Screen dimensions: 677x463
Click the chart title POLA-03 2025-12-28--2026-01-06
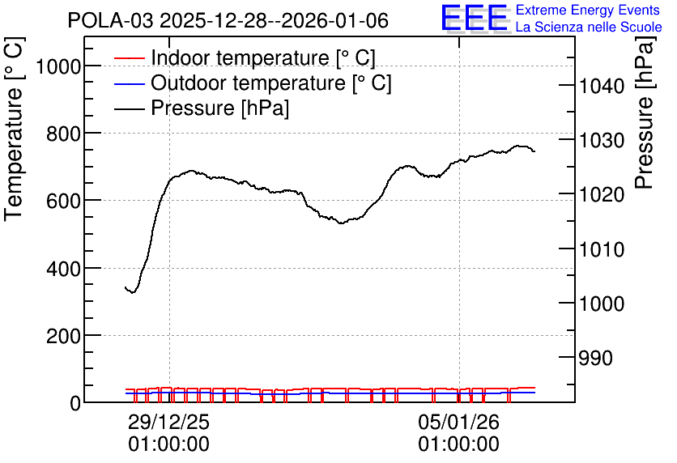coord(228,20)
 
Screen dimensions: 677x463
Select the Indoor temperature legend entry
coord(245,57)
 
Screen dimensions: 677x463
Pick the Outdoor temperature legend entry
coord(253,83)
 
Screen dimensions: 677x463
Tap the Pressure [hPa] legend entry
coord(202,108)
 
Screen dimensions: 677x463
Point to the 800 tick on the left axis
coord(64,134)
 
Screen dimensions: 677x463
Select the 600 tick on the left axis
coord(64,202)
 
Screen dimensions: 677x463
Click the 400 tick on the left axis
coord(64,270)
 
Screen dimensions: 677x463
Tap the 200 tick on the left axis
coord(64,337)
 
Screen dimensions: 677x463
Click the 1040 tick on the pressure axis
coord(602,87)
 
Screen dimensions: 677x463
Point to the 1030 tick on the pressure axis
coord(602,141)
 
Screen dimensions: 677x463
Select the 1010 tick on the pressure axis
coord(602,249)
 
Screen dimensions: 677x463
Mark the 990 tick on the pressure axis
coord(596,358)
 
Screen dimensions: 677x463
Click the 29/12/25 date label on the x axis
coord(168,422)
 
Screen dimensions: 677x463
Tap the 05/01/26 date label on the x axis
coord(459,422)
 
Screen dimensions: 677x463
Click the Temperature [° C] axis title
coord(15,129)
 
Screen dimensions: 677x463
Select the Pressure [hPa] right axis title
coord(645,113)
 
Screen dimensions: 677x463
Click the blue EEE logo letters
coord(474,18)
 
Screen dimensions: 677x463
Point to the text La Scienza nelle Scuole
coord(589,28)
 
